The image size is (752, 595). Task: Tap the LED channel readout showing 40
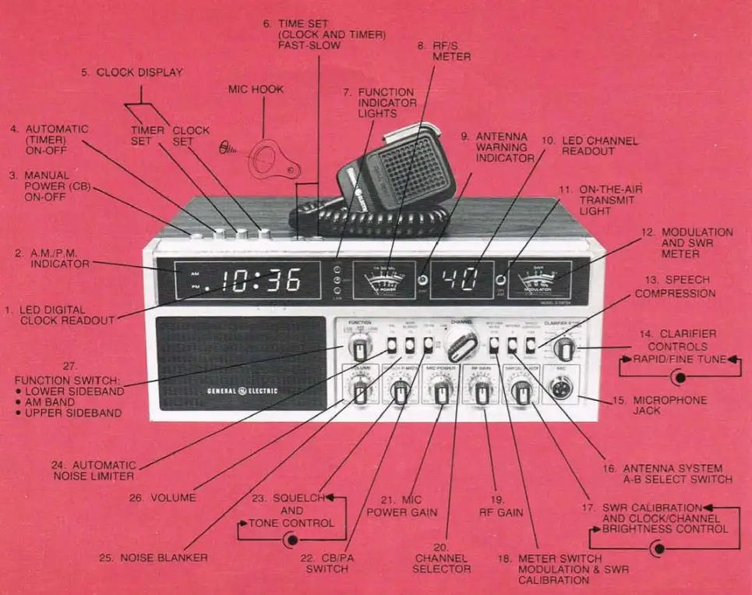461,280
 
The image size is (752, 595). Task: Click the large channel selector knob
461,342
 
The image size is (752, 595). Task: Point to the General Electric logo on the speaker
242,391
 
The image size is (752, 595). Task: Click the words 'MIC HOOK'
257,90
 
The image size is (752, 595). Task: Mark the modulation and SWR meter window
538,279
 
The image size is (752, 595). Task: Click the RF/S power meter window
383,279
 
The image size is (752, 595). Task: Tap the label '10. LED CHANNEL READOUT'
588,146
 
